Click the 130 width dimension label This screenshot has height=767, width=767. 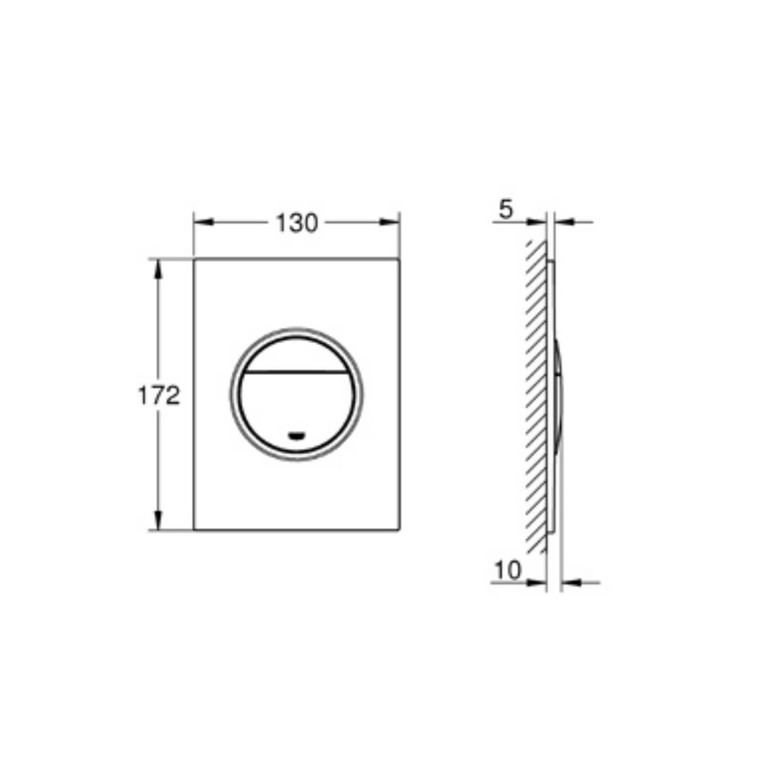297,223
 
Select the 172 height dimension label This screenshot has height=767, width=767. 159,395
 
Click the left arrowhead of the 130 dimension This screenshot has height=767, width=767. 201,222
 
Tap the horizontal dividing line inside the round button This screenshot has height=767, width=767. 297,373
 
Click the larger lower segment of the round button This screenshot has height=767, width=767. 297,405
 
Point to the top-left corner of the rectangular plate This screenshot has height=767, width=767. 194,257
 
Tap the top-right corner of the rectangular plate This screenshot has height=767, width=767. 400,257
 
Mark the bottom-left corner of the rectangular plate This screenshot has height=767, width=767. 194,530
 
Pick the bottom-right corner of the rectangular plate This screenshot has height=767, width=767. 400,530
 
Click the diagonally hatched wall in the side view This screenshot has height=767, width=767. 536,392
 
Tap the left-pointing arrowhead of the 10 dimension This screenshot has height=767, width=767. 568,583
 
